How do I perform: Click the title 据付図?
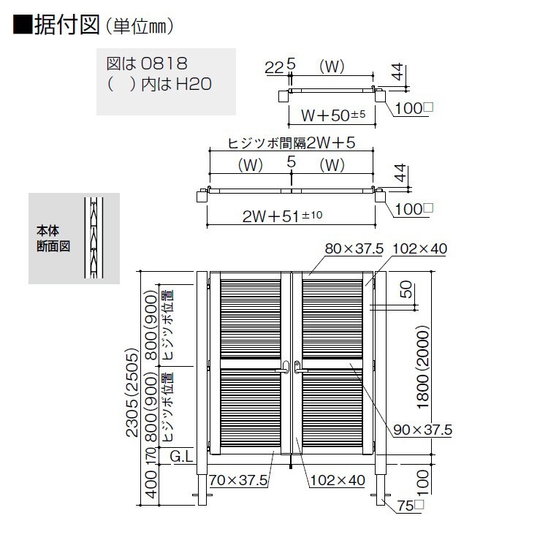[x=66, y=25]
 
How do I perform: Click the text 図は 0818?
[x=147, y=64]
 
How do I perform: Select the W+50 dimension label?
[x=333, y=115]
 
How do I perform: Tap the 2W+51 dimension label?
[x=282, y=216]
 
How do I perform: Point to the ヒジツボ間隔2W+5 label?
[x=292, y=143]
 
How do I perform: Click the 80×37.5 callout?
[x=354, y=249]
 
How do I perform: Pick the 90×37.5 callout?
[x=422, y=430]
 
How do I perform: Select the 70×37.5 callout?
[x=238, y=480]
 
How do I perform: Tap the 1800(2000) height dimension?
[x=423, y=367]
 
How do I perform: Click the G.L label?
[x=181, y=456]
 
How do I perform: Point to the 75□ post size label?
[x=410, y=506]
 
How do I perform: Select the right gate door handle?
[x=299, y=368]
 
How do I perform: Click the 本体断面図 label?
[x=53, y=239]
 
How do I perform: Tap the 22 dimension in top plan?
[x=274, y=67]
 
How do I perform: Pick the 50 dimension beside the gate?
[x=406, y=289]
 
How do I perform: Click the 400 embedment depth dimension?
[x=151, y=484]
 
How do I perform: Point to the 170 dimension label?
[x=151, y=456]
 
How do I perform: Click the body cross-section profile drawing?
[x=94, y=238]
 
